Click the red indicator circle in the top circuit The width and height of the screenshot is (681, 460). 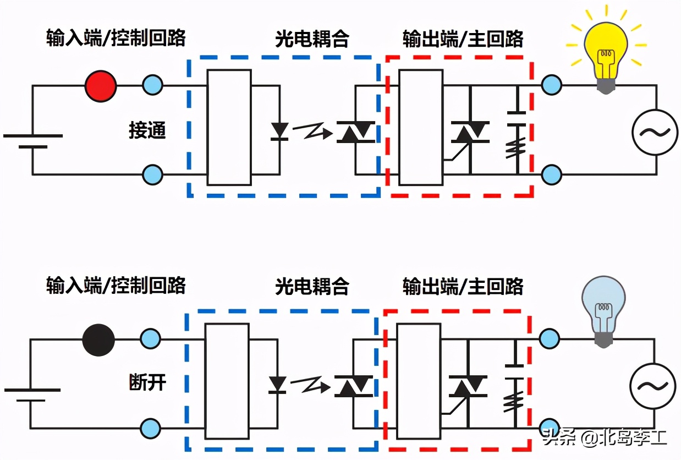click(101, 86)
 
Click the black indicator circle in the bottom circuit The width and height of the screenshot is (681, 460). click(98, 339)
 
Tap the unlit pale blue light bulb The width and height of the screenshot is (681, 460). click(603, 309)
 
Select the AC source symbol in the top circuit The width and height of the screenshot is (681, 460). click(653, 131)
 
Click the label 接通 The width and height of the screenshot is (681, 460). click(147, 131)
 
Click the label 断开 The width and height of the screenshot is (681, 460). click(147, 382)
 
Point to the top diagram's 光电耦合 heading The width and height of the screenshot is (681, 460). click(312, 39)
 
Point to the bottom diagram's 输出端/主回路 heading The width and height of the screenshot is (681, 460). click(463, 286)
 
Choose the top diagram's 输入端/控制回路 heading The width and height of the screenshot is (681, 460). click(116, 38)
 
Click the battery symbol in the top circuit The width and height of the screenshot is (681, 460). click(32, 141)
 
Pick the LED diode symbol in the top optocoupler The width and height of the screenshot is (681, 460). click(280, 131)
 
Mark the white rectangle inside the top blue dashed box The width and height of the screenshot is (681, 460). click(229, 127)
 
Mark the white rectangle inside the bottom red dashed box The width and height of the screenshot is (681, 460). click(419, 381)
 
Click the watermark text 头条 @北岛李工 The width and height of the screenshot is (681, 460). click(605, 439)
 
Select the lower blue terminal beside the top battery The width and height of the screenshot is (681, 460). click(152, 175)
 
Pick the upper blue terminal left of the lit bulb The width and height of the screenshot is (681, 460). click(551, 85)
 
